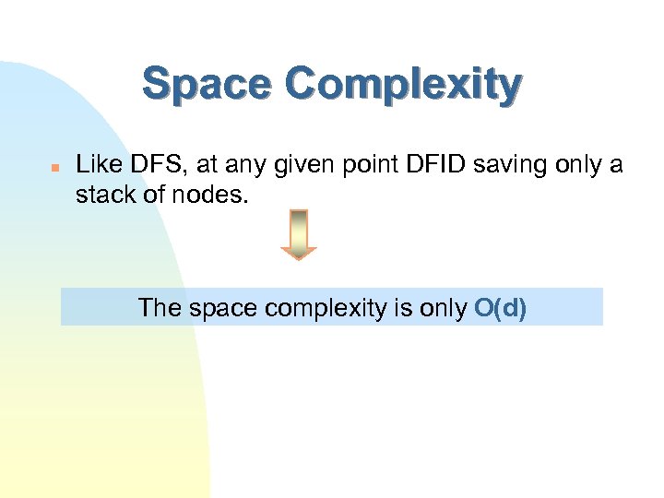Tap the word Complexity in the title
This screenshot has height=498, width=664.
[403, 86]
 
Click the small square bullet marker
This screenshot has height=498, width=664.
[54, 168]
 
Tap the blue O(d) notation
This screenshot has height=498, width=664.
[500, 307]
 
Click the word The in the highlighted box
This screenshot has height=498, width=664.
[160, 307]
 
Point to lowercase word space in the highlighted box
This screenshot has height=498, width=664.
[223, 308]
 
